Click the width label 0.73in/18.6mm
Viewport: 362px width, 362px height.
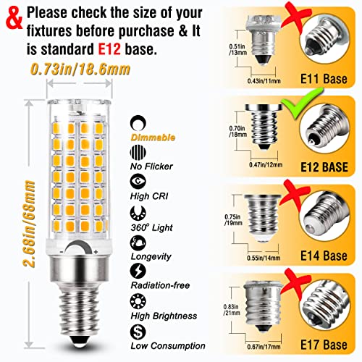point(84,70)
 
